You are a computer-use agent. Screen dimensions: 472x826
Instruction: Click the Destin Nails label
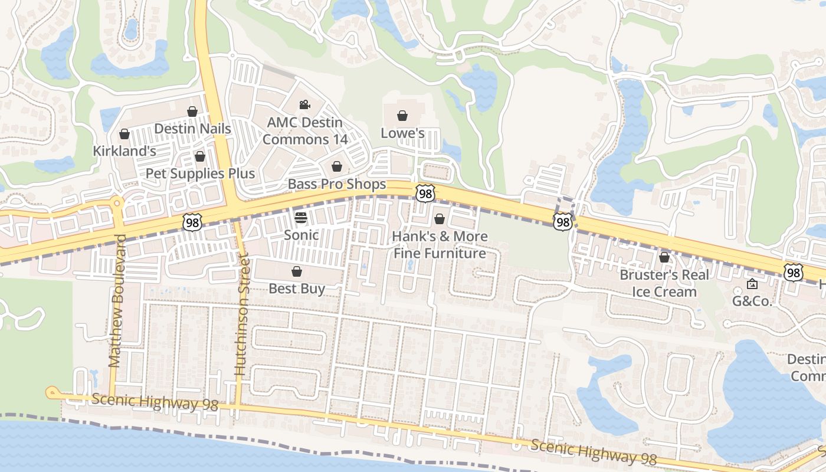(192, 128)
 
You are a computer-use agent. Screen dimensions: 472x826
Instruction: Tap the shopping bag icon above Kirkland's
(124, 135)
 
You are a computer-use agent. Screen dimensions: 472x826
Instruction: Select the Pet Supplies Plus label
(201, 173)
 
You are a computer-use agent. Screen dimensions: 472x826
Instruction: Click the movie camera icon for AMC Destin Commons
(304, 105)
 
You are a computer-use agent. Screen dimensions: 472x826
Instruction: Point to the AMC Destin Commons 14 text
(304, 131)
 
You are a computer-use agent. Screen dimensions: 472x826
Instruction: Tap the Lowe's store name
(402, 133)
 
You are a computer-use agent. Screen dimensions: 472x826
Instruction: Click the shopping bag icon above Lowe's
(402, 116)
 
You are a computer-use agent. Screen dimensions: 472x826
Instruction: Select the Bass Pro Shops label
(337, 184)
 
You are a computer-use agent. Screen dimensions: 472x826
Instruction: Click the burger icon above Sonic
(301, 218)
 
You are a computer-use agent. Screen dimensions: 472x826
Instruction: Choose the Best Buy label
(297, 289)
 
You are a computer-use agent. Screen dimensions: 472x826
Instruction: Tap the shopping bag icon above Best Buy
(297, 271)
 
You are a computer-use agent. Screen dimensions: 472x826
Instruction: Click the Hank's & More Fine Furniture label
(440, 245)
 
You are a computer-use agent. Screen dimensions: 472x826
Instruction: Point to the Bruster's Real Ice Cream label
(664, 283)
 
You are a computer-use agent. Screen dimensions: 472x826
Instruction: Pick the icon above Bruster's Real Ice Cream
(664, 257)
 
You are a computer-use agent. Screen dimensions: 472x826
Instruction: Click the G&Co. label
(752, 301)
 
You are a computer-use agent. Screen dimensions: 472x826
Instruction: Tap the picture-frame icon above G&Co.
(752, 284)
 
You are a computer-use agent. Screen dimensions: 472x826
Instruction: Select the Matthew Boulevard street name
(116, 301)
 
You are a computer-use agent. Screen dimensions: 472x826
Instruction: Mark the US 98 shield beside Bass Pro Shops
(425, 193)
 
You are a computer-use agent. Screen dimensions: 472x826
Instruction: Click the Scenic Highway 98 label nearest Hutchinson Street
(155, 402)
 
